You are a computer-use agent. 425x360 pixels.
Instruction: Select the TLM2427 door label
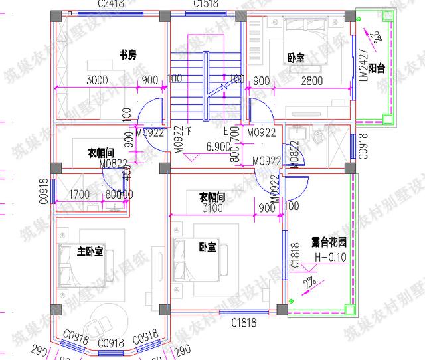click(x=363, y=67)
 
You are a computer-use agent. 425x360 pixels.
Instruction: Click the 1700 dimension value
click(x=80, y=195)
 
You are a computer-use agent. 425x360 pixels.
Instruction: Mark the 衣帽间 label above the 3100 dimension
click(x=212, y=197)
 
